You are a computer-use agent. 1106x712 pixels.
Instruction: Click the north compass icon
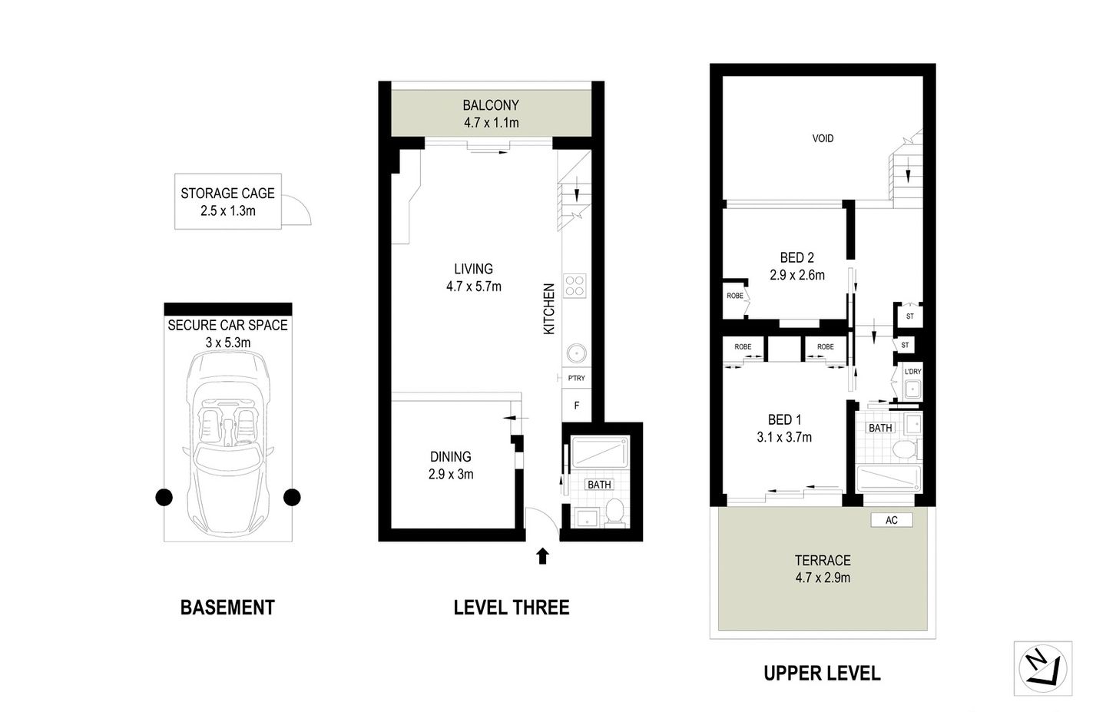[x=1042, y=667]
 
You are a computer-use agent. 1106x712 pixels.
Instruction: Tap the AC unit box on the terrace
[x=891, y=520]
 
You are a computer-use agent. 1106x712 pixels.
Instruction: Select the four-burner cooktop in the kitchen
[x=575, y=286]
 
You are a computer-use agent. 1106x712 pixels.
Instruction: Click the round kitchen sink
[x=575, y=353]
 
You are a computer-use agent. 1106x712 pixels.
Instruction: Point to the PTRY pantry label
[x=576, y=378]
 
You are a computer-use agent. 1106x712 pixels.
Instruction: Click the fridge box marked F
[x=576, y=405]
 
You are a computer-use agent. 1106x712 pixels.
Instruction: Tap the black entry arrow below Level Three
[x=542, y=555]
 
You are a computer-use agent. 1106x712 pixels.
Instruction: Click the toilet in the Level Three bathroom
[x=614, y=512]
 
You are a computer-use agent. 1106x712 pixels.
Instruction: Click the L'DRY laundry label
[x=912, y=372]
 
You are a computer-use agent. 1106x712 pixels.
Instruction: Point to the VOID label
[x=823, y=138]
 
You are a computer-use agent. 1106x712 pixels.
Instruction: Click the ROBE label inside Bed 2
[x=735, y=295]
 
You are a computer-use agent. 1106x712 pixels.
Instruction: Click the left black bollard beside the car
[x=164, y=498]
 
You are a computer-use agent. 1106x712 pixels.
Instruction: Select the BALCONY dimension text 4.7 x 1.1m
[x=491, y=123]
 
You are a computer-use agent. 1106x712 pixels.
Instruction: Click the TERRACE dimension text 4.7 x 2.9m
[x=823, y=578]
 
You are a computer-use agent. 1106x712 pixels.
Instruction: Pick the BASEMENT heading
[x=227, y=608]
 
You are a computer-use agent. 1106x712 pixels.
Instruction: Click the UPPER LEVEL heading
[x=822, y=674]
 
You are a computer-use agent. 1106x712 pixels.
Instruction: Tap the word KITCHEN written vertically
[x=549, y=309]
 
